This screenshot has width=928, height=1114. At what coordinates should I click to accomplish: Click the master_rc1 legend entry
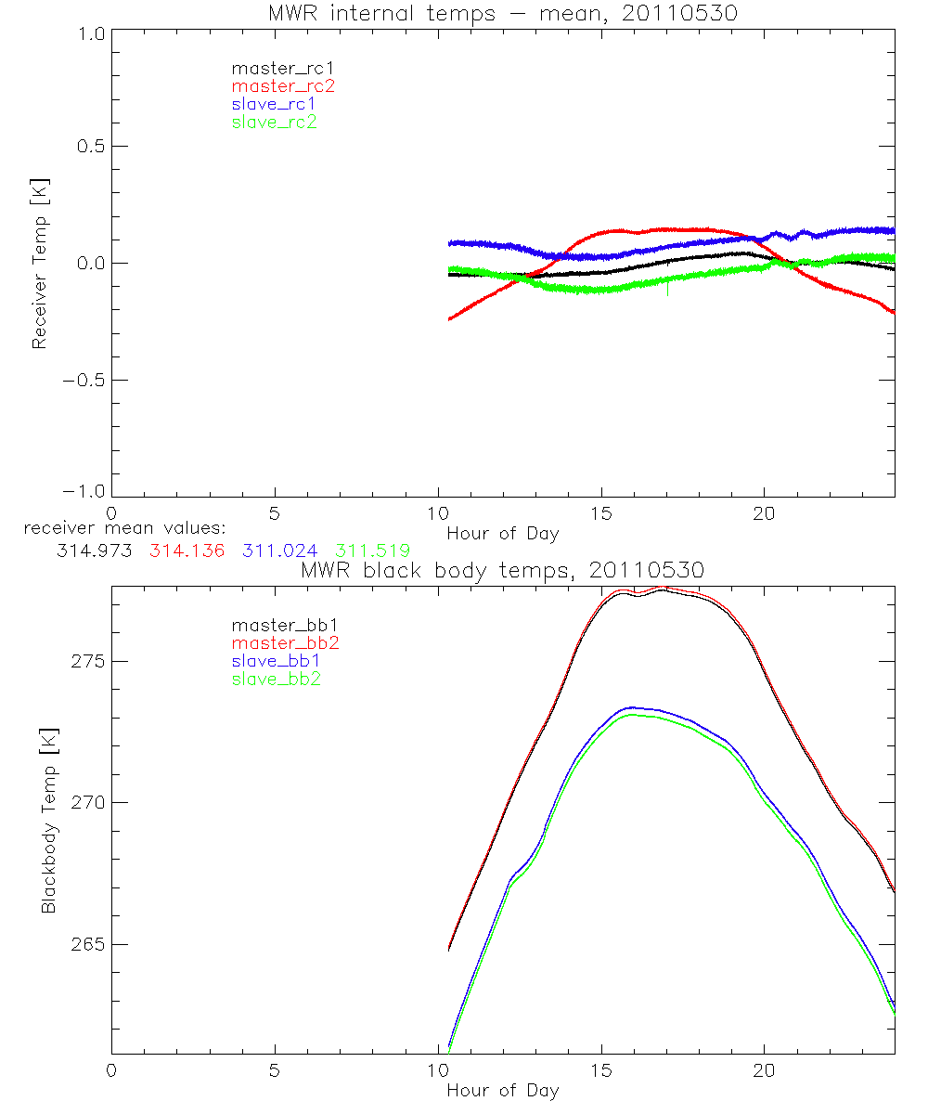tap(276, 68)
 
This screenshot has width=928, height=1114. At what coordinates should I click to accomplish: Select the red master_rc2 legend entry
tap(283, 85)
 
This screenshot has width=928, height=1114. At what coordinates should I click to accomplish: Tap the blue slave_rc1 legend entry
tap(274, 104)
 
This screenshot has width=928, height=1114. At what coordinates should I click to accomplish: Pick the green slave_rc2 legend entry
tap(274, 122)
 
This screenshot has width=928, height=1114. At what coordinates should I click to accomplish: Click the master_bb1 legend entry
tap(278, 626)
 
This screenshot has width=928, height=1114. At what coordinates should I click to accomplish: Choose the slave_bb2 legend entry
tap(277, 680)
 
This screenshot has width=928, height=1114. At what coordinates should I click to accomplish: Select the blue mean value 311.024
tap(279, 551)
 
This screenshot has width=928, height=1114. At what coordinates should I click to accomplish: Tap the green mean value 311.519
tap(372, 551)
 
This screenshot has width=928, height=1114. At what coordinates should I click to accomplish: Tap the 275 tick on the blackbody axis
tap(84, 661)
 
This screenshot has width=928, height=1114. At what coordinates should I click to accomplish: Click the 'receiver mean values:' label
tap(119, 528)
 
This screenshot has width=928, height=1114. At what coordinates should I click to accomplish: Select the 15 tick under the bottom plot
tap(601, 1070)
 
